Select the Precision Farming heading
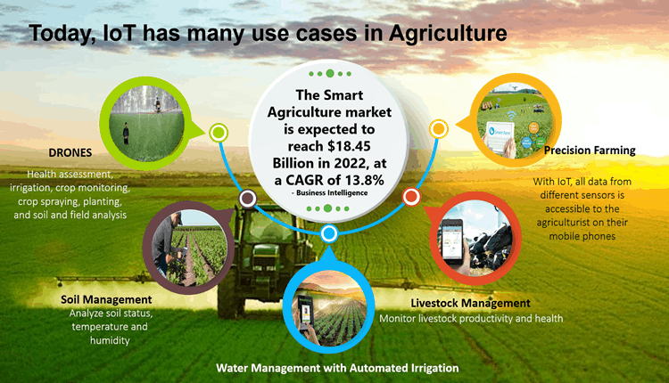pos(590,150)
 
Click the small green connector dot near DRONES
pos(217,134)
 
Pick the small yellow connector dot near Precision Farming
pos(438,129)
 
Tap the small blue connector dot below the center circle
pos(328,234)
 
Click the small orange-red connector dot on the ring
pos(411,197)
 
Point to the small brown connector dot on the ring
pos(246,197)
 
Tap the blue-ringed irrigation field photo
pos(328,308)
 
